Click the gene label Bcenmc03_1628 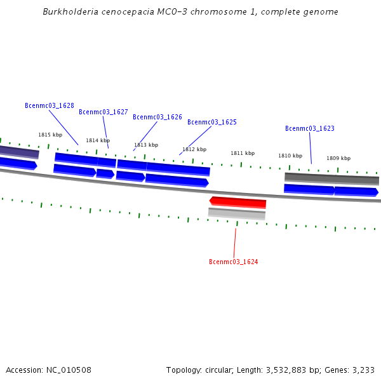click(50, 105)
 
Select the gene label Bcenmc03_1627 click(104, 112)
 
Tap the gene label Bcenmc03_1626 click(157, 117)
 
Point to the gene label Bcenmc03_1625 click(212, 122)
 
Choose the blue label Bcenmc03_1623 click(310, 128)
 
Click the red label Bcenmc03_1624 click(234, 262)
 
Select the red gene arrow click(238, 203)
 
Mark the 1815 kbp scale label click(50, 135)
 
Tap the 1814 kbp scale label click(98, 140)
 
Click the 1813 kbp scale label click(146, 145)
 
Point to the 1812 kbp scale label click(194, 149)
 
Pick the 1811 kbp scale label click(243, 153)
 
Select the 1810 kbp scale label click(290, 156)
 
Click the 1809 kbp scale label click(338, 158)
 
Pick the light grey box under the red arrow click(237, 213)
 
